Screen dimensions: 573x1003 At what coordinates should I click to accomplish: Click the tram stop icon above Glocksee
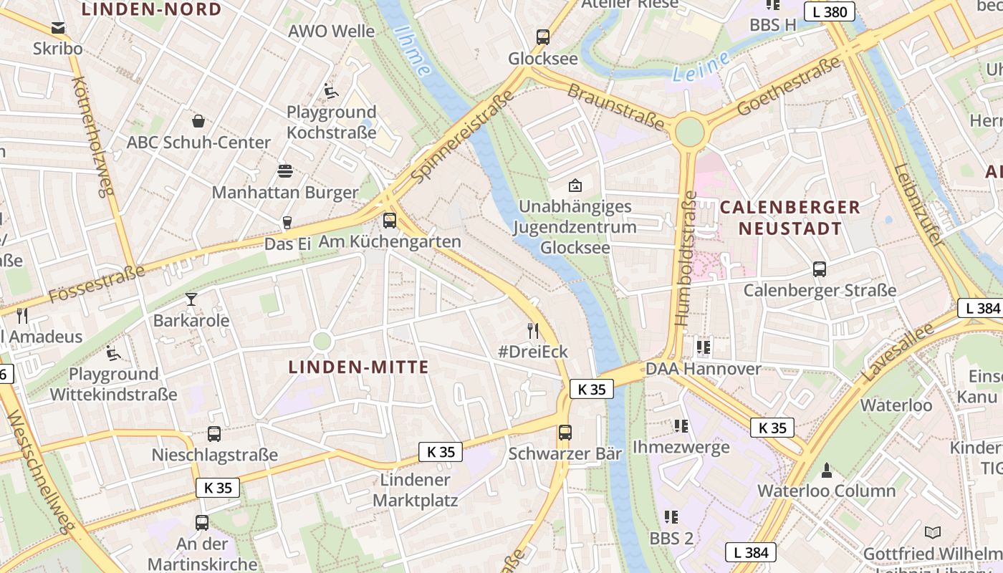[x=543, y=37]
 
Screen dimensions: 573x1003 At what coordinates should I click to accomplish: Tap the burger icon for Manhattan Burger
[x=285, y=171]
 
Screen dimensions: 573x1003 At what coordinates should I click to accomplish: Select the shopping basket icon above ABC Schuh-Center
[x=198, y=121]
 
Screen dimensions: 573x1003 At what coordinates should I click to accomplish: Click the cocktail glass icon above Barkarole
[x=191, y=299]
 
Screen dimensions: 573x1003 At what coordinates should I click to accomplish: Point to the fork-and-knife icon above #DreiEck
[x=532, y=330]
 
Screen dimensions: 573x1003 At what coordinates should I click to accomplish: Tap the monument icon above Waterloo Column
[x=827, y=470]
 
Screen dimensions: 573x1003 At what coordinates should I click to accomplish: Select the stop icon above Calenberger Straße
[x=820, y=269]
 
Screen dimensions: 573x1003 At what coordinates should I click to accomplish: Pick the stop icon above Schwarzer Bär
[x=565, y=433]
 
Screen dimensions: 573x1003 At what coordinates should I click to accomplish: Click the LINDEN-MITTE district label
[x=358, y=367]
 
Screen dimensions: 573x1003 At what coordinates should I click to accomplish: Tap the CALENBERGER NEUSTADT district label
[x=790, y=218]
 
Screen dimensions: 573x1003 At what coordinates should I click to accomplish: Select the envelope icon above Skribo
[x=58, y=28]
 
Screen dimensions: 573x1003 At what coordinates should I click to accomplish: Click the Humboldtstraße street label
[x=685, y=258]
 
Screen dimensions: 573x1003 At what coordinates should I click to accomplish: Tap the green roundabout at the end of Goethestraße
[x=689, y=132]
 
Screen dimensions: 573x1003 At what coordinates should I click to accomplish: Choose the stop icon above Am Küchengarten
[x=390, y=221]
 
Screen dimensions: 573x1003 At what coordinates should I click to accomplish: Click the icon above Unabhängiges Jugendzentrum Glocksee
[x=575, y=186]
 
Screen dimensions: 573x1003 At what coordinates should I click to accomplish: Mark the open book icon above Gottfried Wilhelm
[x=932, y=532]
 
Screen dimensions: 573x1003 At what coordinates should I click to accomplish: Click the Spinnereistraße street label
[x=463, y=136]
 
